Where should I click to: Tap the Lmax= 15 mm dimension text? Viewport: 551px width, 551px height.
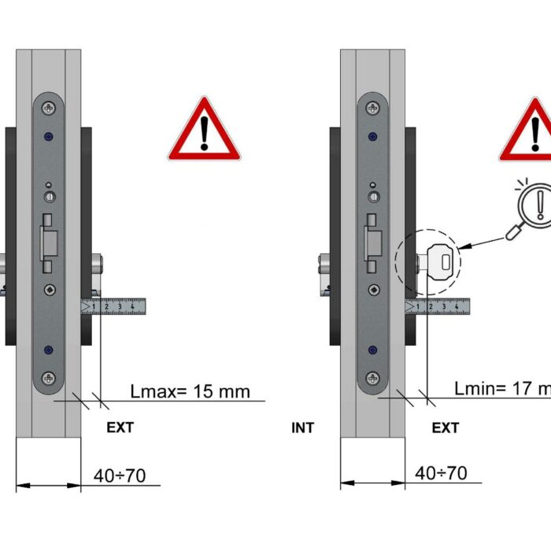point(190,390)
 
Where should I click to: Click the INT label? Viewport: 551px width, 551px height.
point(302,428)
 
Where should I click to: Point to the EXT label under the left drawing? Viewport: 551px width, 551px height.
point(120,428)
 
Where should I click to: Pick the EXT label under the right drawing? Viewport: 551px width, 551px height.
point(446,428)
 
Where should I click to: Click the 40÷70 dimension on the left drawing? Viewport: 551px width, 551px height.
point(119,475)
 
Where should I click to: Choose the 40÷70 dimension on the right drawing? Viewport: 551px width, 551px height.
point(441,473)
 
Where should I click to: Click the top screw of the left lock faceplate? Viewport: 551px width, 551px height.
point(49,108)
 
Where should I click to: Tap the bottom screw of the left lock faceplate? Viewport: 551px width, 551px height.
point(49,379)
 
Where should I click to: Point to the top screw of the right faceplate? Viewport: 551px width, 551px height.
point(372,108)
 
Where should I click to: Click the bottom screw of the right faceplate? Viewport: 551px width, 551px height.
point(372,379)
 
